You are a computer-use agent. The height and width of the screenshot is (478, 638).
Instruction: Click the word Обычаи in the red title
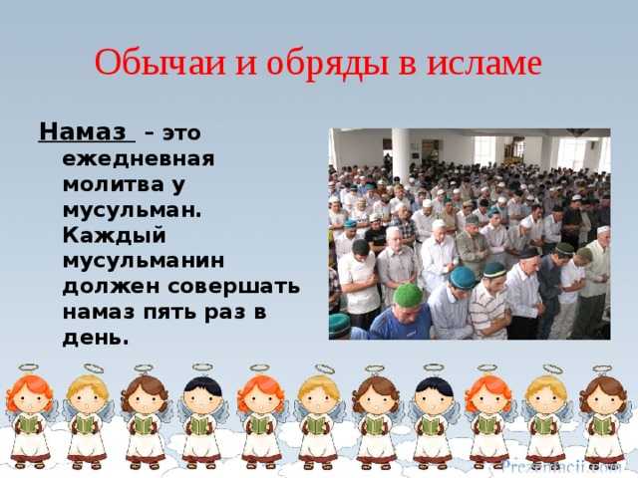click(x=159, y=63)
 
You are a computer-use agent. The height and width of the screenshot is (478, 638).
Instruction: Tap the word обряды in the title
click(x=328, y=64)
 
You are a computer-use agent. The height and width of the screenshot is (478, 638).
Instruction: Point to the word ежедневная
click(x=139, y=159)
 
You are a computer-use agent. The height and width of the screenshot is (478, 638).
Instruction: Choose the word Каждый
click(x=115, y=236)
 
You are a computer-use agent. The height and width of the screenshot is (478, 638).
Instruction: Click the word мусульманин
click(x=144, y=261)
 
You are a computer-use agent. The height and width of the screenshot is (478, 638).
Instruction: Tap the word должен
click(x=111, y=287)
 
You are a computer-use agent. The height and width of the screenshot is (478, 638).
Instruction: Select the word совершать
click(x=234, y=287)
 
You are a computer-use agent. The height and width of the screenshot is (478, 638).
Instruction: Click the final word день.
click(x=96, y=339)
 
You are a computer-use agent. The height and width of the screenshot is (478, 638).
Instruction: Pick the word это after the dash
click(x=181, y=133)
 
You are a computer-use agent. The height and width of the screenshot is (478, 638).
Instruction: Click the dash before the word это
click(x=150, y=133)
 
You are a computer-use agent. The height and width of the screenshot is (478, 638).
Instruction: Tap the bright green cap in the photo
click(x=408, y=295)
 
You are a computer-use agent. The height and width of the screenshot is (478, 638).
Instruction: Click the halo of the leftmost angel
click(x=28, y=367)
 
